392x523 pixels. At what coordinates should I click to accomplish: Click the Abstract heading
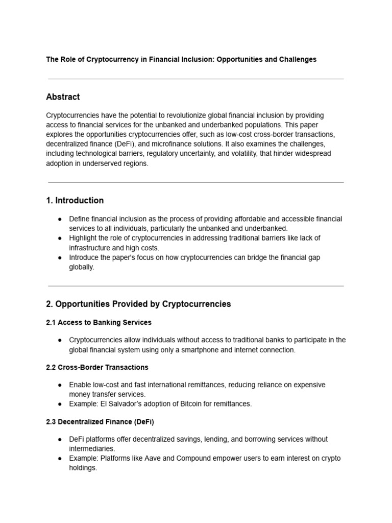pos(63,97)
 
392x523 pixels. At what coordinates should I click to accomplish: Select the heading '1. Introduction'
pos(75,201)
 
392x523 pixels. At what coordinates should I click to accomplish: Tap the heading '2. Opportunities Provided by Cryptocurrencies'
pos(138,304)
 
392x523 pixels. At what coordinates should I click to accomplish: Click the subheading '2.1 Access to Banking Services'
pos(99,323)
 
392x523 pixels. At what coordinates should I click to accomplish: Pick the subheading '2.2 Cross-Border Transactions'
pos(97,367)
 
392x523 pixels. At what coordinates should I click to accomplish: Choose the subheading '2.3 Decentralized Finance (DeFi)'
pos(100,422)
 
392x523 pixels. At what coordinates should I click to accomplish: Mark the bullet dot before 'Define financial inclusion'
pos(59,219)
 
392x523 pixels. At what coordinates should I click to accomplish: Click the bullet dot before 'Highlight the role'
pos(59,239)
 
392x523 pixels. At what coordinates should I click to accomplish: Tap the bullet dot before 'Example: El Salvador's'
pos(59,404)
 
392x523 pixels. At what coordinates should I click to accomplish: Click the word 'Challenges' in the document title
pos(298,60)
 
